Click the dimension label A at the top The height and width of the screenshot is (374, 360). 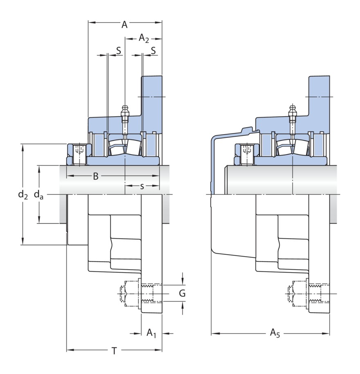(x=124, y=25)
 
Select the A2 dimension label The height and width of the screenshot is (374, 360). (x=144, y=38)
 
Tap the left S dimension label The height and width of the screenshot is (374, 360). (x=118, y=51)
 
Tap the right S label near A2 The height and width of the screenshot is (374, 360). (x=153, y=51)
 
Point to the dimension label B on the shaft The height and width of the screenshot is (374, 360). (x=95, y=176)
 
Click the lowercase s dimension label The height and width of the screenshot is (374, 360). (x=142, y=186)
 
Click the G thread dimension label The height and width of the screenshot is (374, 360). (x=182, y=293)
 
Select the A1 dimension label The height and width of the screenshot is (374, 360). (x=151, y=333)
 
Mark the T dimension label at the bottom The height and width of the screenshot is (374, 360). (x=115, y=350)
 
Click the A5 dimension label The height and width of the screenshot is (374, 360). (x=274, y=333)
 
